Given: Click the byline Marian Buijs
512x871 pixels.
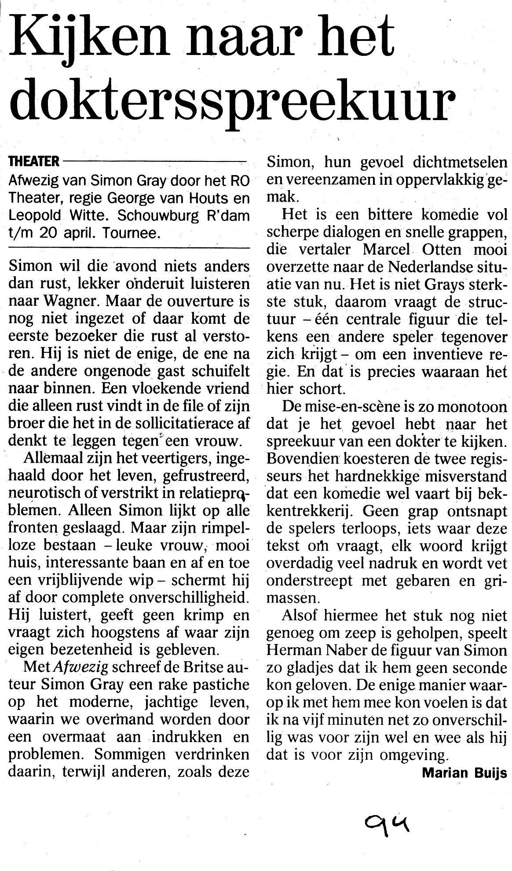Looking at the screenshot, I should pos(464,772).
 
